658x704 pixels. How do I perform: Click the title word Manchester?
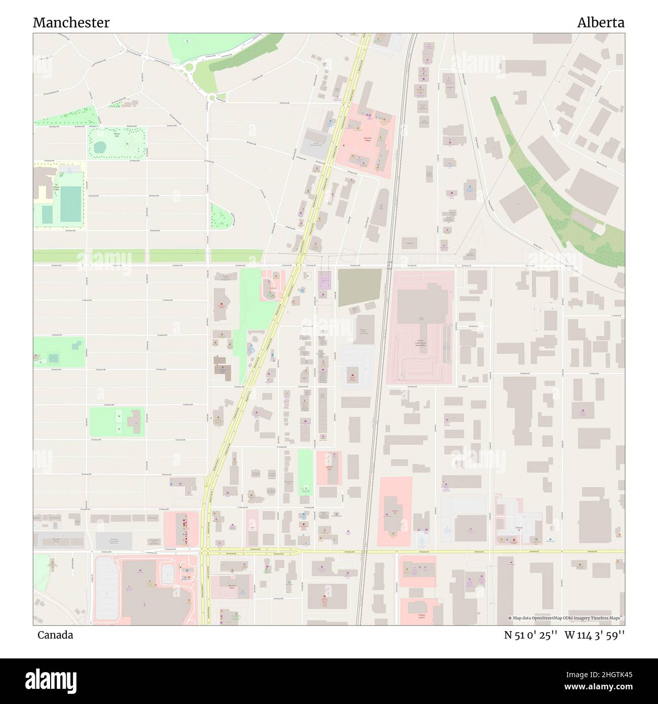click(71, 23)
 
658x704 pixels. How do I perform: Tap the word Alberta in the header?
click(601, 23)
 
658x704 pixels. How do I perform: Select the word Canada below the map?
click(55, 635)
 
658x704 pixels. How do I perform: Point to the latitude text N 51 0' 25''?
click(530, 635)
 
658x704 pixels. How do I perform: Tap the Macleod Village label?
click(367, 139)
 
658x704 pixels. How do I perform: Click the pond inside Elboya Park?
click(100, 147)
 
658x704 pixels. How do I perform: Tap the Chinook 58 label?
click(518, 528)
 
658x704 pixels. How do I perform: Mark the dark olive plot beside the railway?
click(359, 287)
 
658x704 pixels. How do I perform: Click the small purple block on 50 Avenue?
click(324, 280)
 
